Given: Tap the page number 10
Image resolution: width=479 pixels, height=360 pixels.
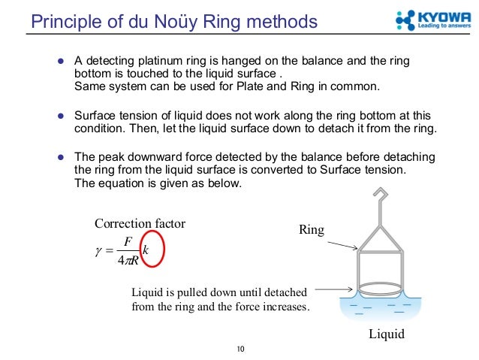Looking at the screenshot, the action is click(x=241, y=349).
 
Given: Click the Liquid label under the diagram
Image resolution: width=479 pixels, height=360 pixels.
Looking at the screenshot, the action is click(x=386, y=334).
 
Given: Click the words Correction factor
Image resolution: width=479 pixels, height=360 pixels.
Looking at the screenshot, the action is click(x=140, y=222).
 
